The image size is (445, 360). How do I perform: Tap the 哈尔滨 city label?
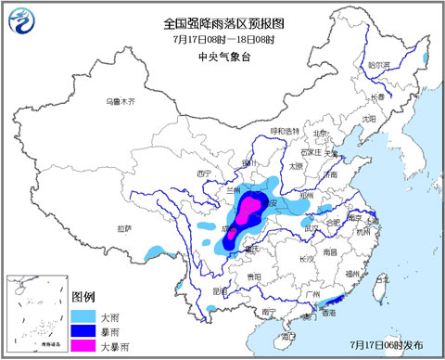pyautogui.click(x=380, y=65)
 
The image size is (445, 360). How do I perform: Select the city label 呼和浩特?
pyautogui.click(x=285, y=131)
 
